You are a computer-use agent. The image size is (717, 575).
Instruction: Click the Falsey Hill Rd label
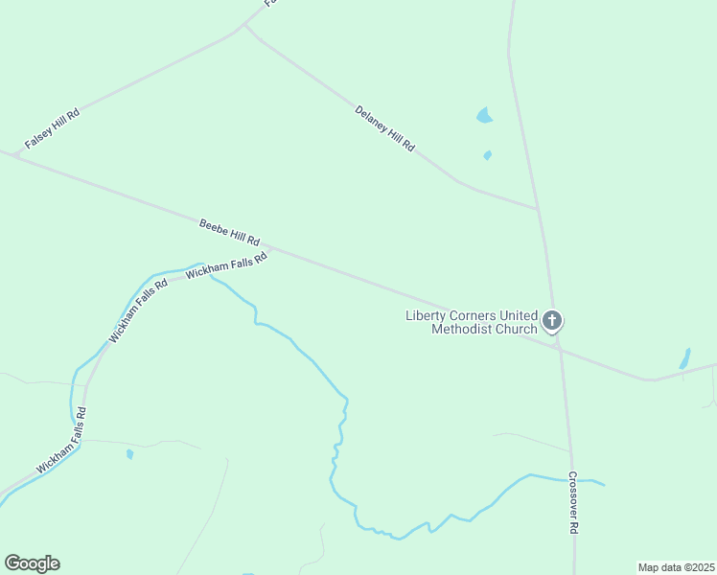click(x=52, y=127)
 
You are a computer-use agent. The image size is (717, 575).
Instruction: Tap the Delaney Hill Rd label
click(x=384, y=128)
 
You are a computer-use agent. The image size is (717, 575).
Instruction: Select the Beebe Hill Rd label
click(x=229, y=233)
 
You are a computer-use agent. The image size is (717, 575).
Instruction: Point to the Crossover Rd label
click(x=573, y=503)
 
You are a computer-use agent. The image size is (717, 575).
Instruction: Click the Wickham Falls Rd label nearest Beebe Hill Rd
click(x=225, y=265)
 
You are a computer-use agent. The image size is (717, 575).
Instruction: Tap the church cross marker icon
click(x=552, y=320)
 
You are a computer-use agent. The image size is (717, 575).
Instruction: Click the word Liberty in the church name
click(x=428, y=315)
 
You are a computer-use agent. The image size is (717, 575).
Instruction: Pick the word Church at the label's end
click(x=516, y=330)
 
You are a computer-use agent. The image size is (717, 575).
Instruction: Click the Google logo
click(x=32, y=563)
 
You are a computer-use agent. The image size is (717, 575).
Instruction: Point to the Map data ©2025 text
click(x=676, y=566)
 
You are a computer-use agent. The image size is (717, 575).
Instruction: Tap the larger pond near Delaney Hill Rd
click(x=484, y=116)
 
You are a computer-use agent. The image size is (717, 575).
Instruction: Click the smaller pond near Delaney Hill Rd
click(x=488, y=155)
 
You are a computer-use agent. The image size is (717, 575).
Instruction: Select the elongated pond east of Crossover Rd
click(x=684, y=358)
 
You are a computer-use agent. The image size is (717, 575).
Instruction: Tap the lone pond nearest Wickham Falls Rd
click(x=129, y=454)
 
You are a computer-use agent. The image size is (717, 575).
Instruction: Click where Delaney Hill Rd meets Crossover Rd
click(x=539, y=208)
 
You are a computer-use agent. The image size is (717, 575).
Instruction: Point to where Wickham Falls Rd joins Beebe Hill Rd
click(x=271, y=253)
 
